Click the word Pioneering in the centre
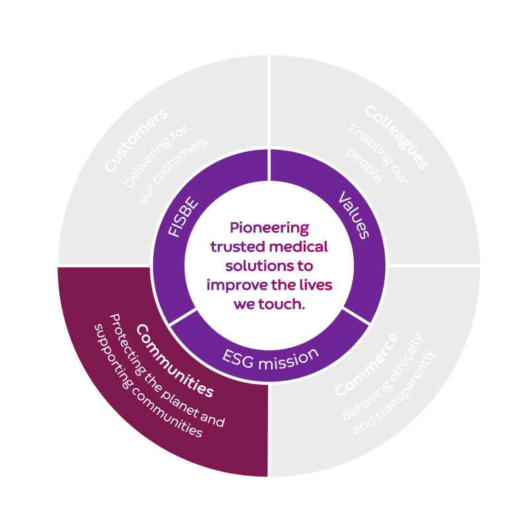tap(269, 228)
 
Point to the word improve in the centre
tap(233, 285)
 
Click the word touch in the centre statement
tap(277, 304)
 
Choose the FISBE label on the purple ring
tap(182, 218)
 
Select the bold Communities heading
tap(174, 360)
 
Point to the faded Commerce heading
tap(366, 365)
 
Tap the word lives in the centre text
tap(313, 285)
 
